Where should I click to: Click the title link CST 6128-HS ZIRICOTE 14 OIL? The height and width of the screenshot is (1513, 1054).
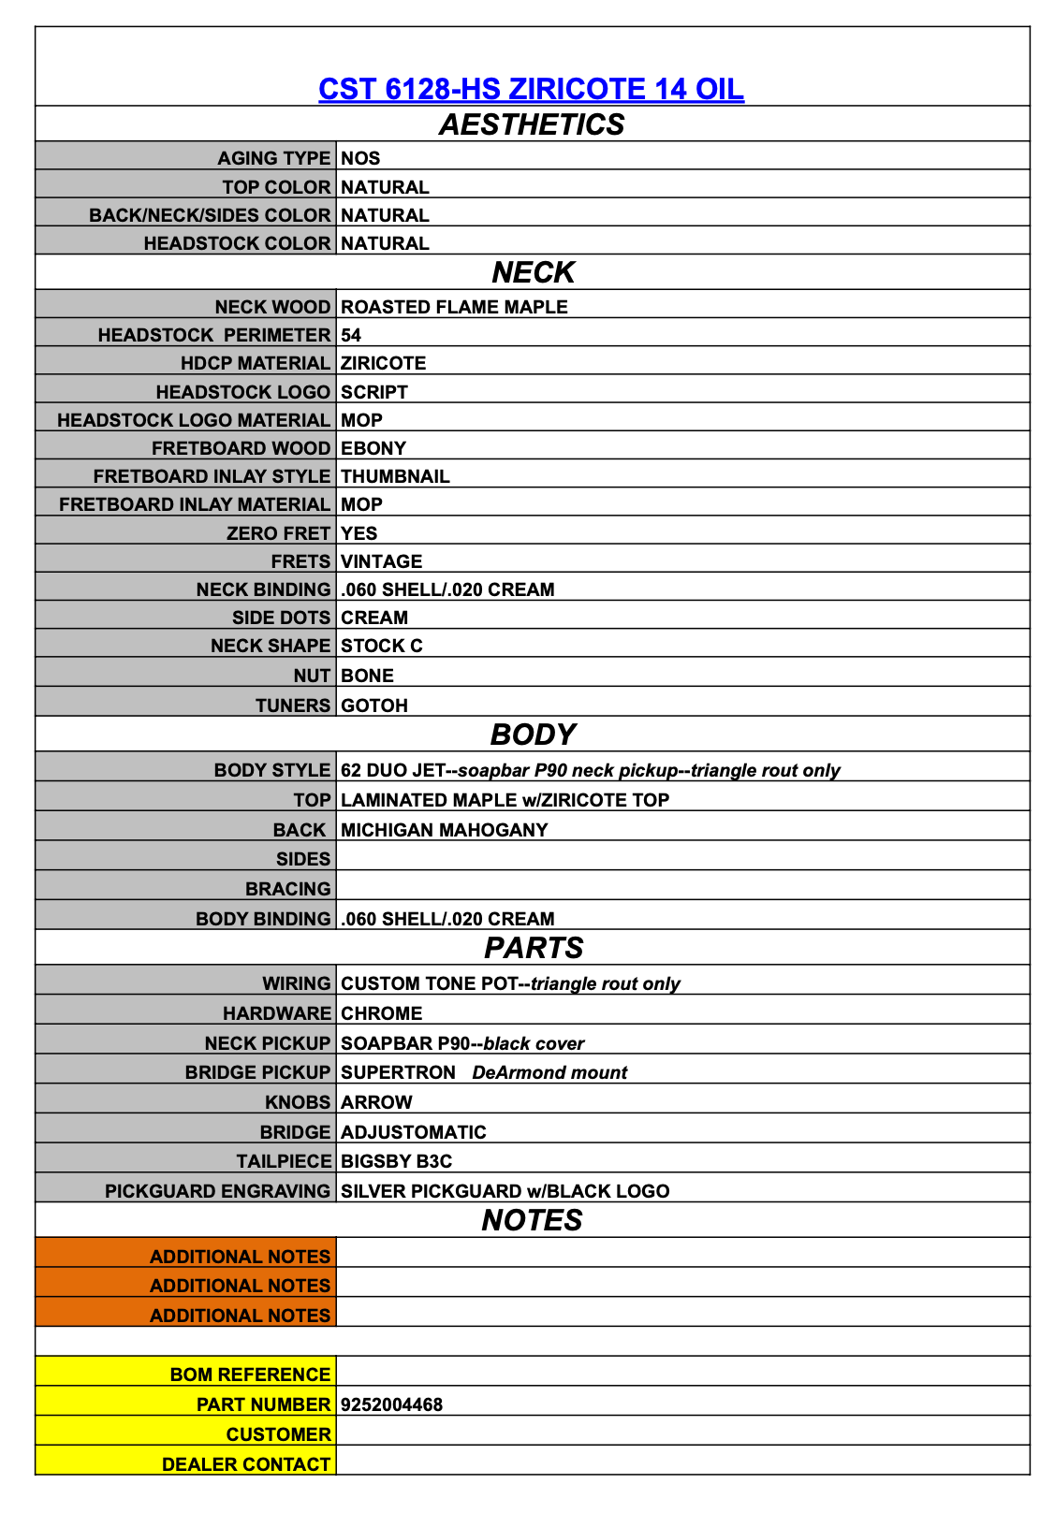[531, 89]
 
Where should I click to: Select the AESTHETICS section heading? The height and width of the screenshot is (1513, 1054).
[531, 124]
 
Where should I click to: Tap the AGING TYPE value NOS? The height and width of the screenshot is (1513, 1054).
[360, 158]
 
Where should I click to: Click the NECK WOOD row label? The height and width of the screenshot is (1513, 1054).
[272, 307]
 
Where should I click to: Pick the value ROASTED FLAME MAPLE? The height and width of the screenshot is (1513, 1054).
[454, 307]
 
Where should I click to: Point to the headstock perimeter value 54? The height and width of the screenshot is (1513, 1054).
[351, 335]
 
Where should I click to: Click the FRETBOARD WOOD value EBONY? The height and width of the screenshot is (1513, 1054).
[373, 448]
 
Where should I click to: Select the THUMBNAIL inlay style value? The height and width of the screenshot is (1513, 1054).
[395, 476]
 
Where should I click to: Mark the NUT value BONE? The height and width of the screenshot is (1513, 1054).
[367, 676]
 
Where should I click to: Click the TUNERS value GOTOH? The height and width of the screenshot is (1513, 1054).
[374, 706]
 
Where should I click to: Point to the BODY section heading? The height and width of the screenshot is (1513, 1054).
[533, 735]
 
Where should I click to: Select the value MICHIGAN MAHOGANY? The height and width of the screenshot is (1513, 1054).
[445, 830]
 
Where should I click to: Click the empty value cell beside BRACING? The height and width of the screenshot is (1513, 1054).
[682, 888]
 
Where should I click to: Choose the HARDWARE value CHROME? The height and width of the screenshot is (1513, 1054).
[381, 1013]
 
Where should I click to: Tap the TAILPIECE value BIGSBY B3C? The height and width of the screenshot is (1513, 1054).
[396, 1161]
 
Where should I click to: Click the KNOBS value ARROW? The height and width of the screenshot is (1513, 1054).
[376, 1102]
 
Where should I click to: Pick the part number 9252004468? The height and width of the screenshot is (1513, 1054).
[391, 1404]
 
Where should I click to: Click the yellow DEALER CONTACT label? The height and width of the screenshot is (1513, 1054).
[246, 1464]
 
